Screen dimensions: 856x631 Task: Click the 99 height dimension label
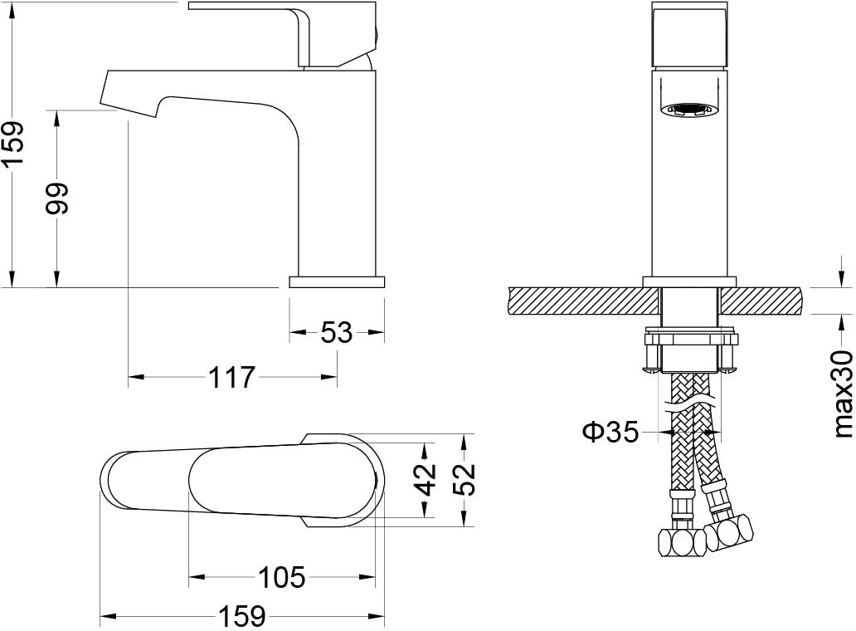pos(57,198)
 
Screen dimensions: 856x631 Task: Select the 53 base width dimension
pos(337,332)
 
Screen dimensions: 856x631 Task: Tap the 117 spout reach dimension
pos(232,377)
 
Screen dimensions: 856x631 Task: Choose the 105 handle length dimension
pos(282,577)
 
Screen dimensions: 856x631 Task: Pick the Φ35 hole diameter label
pos(610,432)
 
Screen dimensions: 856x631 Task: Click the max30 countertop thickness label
pos(844,394)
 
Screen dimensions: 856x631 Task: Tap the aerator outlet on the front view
pos(690,110)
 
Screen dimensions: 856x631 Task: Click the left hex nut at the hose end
pos(683,542)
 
